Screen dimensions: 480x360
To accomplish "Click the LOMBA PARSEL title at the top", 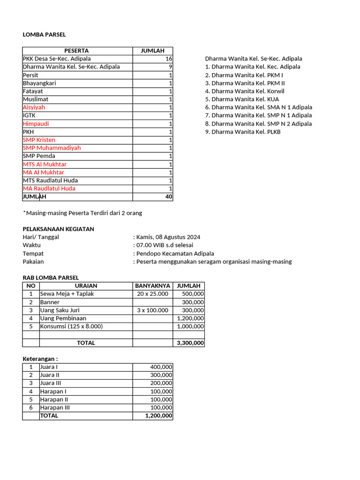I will pyautogui.click(x=44, y=35).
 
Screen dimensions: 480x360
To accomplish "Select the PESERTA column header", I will pyautogui.click(x=76, y=51).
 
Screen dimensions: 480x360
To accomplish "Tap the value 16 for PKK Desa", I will pyautogui.click(x=168, y=59).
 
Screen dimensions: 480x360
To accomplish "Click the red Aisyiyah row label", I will pyautogui.click(x=34, y=107).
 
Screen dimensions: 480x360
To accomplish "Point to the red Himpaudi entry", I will pyautogui.click(x=36, y=124).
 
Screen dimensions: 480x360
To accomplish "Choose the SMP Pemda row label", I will pyautogui.click(x=39, y=156).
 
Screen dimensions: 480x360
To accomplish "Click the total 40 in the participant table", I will pyautogui.click(x=168, y=197).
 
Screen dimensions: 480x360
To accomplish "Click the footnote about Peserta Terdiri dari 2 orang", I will pyautogui.click(x=82, y=213).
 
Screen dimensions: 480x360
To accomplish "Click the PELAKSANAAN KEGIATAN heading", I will pyautogui.click(x=58, y=229).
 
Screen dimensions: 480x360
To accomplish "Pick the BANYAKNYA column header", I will pyautogui.click(x=152, y=286).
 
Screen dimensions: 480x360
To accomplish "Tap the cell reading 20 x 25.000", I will pyautogui.click(x=152, y=294).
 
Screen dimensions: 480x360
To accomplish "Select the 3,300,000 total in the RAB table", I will pyautogui.click(x=190, y=343).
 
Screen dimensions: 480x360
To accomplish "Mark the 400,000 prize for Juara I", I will pyautogui.click(x=161, y=367).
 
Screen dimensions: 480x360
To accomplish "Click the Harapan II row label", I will pyautogui.click(x=54, y=399).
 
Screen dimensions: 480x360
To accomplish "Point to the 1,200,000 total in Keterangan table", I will pyautogui.click(x=158, y=416).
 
